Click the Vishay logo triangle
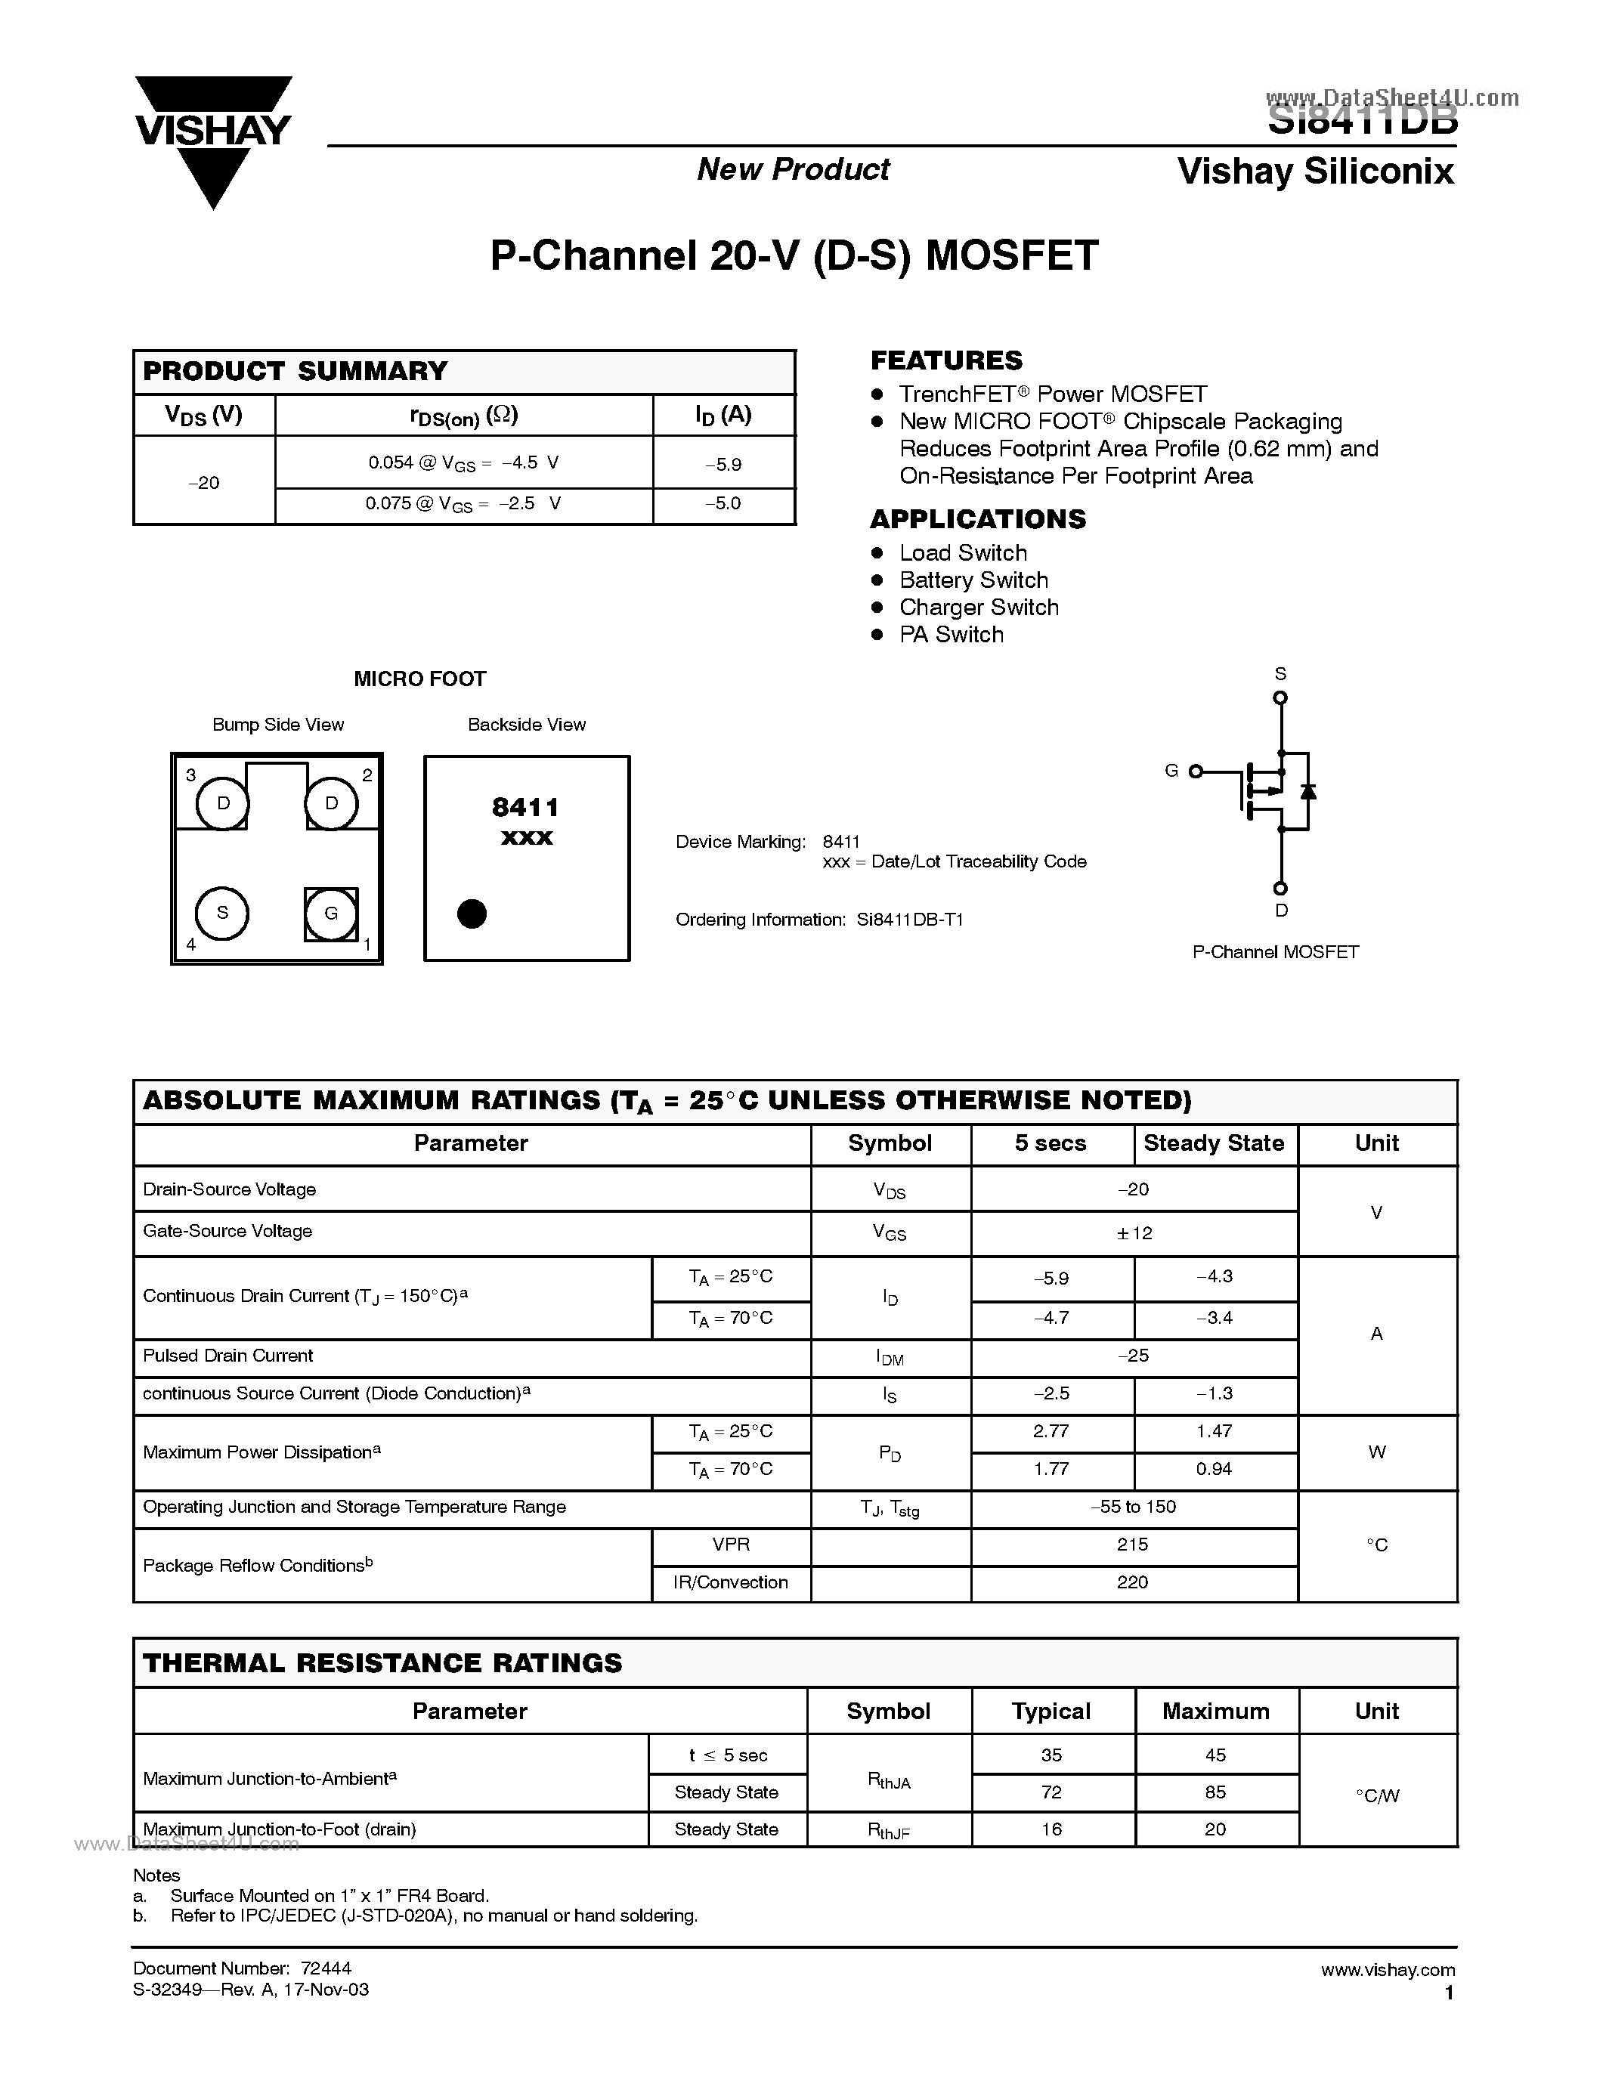click(213, 143)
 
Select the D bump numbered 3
click(223, 804)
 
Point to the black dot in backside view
click(472, 914)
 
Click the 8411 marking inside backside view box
click(525, 808)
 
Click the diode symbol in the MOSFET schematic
click(1308, 790)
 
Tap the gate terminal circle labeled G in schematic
click(1196, 771)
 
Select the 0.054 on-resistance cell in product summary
click(463, 463)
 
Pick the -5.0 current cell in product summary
click(723, 503)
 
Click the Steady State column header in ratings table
click(1214, 1144)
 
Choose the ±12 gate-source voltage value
click(1134, 1233)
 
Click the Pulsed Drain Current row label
click(228, 1356)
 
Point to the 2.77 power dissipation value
click(1051, 1431)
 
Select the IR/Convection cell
click(731, 1582)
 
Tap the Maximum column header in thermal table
click(1215, 1712)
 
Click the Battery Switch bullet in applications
click(973, 580)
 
